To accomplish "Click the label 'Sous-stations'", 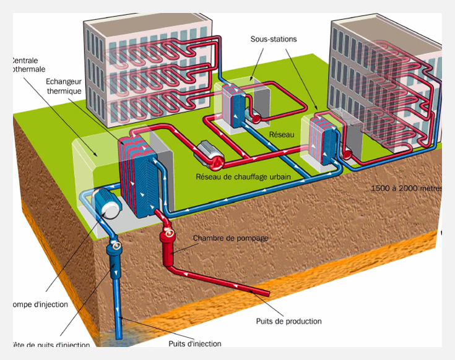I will (x=274, y=39).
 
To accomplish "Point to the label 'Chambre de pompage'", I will (x=223, y=238).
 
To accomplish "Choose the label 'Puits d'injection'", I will (x=194, y=344).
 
